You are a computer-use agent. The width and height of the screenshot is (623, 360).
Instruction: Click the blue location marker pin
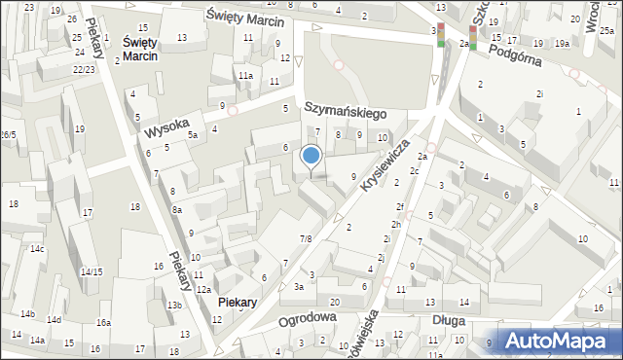coord(311,157)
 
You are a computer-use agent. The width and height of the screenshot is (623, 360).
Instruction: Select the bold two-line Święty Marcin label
coord(140,50)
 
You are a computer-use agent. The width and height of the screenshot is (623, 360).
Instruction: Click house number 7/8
coord(306,238)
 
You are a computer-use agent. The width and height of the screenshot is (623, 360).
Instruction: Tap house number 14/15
coord(92,271)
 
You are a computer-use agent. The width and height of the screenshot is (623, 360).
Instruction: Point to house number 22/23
coord(84,69)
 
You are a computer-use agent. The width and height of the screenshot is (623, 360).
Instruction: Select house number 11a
coord(245,75)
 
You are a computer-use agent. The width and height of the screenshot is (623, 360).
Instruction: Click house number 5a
coord(193,135)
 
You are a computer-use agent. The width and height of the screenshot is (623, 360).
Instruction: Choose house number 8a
coord(177,209)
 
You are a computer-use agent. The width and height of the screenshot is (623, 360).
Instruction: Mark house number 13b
coord(173,306)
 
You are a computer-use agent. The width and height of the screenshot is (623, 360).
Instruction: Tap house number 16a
coord(103,322)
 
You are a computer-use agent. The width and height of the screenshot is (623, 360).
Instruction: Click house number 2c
coord(415,172)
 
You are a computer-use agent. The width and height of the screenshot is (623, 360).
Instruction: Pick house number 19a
coord(562,44)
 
